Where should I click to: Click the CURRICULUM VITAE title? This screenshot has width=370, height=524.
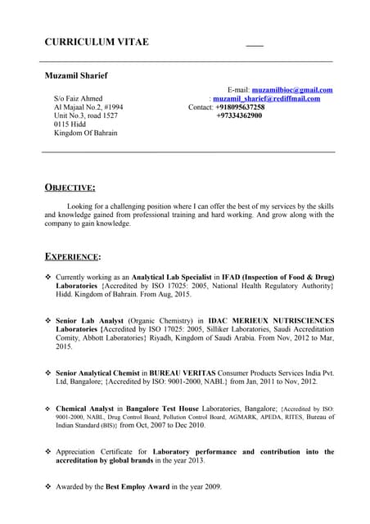click(x=97, y=42)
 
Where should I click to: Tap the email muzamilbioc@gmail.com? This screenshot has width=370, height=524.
click(x=291, y=89)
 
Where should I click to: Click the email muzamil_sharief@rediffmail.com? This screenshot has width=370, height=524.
click(x=266, y=98)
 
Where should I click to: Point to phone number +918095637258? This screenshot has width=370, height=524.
click(x=240, y=107)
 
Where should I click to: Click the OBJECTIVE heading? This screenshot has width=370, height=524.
click(x=70, y=187)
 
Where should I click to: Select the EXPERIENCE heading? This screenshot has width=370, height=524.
click(x=73, y=256)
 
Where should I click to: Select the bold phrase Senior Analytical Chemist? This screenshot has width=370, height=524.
click(x=102, y=373)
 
